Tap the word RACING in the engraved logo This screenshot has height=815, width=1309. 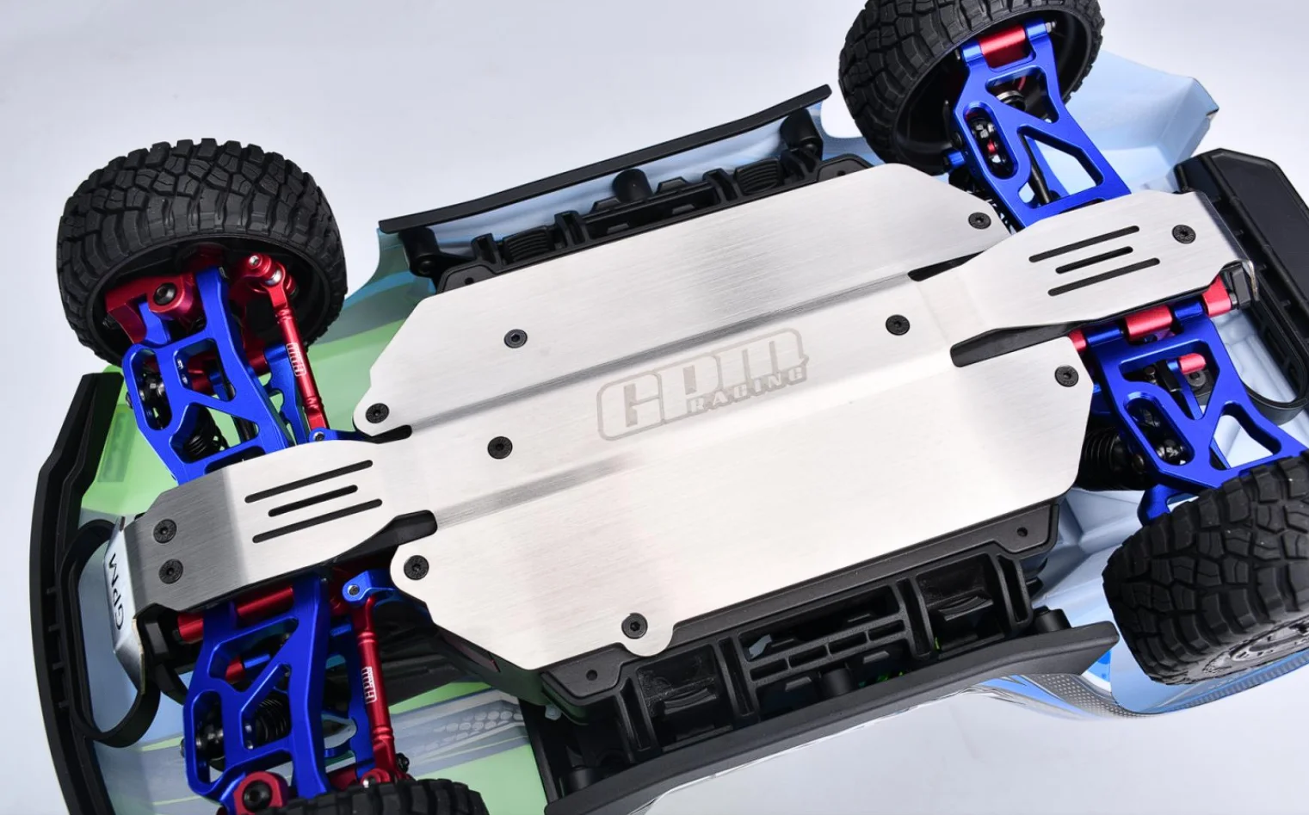click(756, 388)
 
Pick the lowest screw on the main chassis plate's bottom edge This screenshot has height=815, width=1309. click(635, 621)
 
